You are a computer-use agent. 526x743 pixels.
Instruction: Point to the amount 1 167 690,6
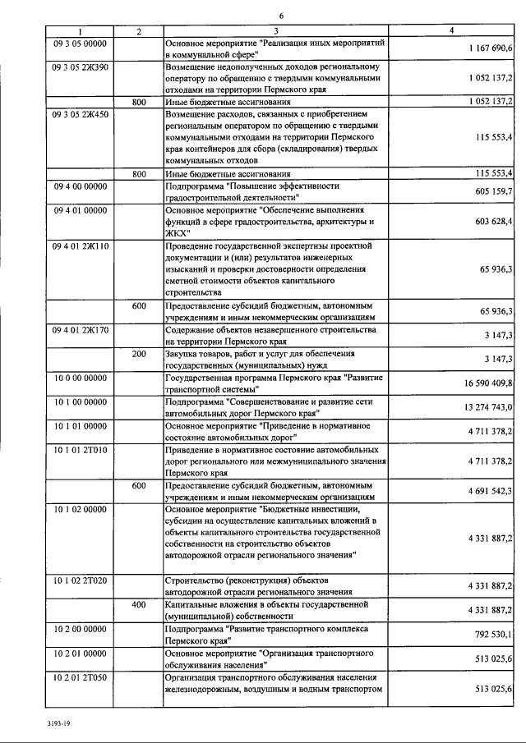coord(491,49)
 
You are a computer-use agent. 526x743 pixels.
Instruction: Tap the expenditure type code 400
coord(139,605)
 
